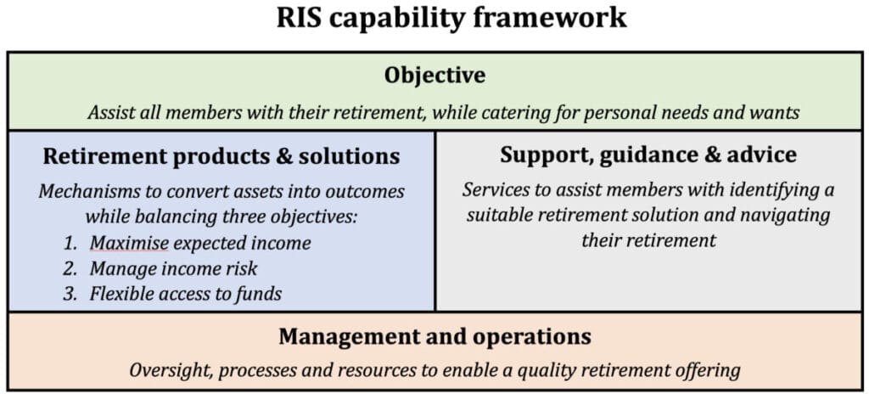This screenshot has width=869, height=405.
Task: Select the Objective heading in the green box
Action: (434, 76)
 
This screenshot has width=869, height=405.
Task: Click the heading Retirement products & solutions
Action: (221, 156)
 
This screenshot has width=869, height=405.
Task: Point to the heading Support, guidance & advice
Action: (648, 155)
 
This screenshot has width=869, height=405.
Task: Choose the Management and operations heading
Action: (434, 336)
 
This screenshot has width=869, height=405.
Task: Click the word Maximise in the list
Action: (130, 243)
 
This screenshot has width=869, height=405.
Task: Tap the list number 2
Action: (71, 269)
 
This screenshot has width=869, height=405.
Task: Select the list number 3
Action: (71, 295)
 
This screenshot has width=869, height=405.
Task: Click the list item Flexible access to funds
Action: (186, 295)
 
